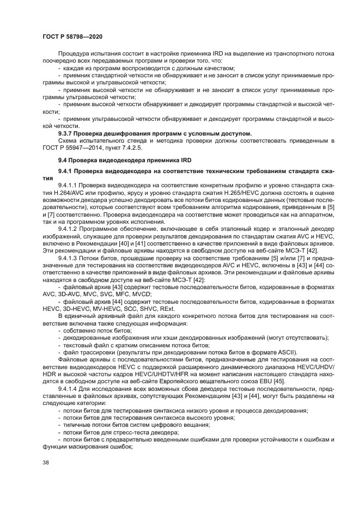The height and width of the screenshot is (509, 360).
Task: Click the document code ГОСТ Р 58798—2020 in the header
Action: click(x=72, y=36)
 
